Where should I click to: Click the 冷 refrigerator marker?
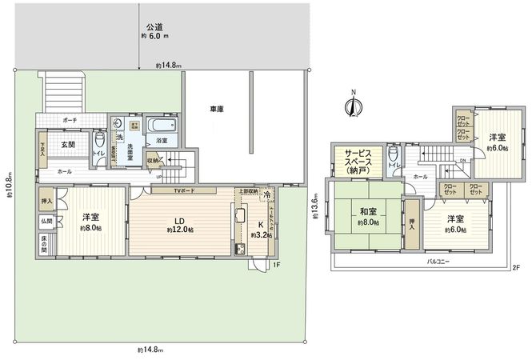coord(265,194)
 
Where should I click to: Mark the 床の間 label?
coord(43,242)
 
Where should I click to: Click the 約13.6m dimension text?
coord(316,210)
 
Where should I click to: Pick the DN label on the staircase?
coord(463,158)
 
